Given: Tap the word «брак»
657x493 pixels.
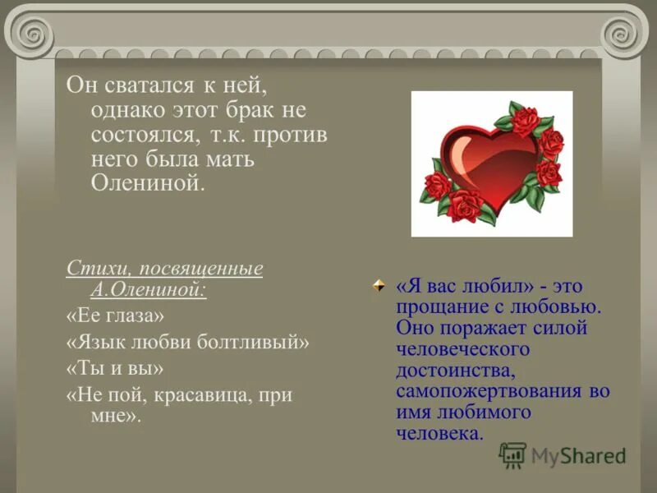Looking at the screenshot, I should [x=243, y=110].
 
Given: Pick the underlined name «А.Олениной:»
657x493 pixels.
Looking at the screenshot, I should [x=148, y=288].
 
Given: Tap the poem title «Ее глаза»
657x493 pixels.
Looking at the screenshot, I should [x=115, y=316].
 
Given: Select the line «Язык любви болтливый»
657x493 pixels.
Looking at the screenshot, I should [x=188, y=341].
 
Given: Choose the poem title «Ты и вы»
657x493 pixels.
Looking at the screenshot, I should [x=114, y=367].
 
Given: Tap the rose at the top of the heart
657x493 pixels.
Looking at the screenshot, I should [x=523, y=118].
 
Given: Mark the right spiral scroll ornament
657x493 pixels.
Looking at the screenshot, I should [x=622, y=33].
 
